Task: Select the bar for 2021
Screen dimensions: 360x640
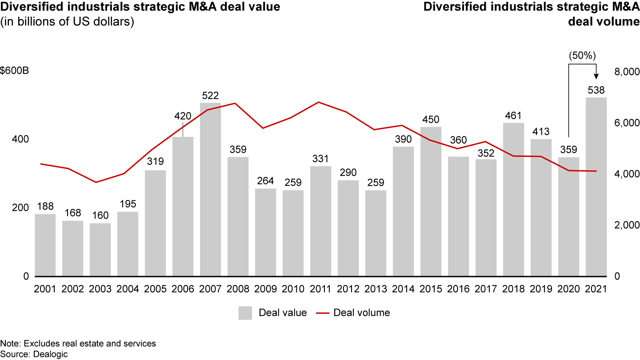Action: click(x=596, y=187)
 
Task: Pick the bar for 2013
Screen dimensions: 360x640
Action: click(x=376, y=233)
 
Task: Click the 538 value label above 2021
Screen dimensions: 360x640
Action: click(x=596, y=90)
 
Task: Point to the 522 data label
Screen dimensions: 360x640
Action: click(x=210, y=96)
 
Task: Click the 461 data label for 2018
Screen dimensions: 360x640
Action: click(x=513, y=116)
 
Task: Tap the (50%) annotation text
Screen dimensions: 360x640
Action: click(x=582, y=56)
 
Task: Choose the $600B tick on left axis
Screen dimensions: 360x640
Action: click(x=15, y=72)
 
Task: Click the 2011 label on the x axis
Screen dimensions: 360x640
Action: click(x=320, y=289)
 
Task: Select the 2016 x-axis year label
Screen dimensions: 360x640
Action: click(x=458, y=289)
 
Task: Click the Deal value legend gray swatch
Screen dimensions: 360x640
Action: click(x=246, y=313)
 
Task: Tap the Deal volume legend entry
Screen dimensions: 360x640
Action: click(x=353, y=313)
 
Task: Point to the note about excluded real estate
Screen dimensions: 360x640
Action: click(x=78, y=344)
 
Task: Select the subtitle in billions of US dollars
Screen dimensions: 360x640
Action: click(x=67, y=22)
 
